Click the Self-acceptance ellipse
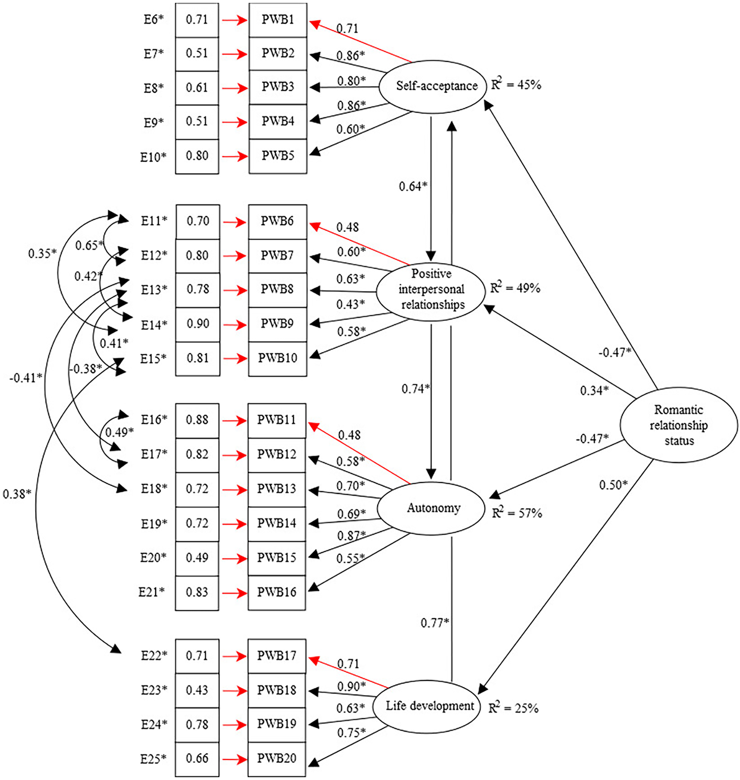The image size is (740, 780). [436, 86]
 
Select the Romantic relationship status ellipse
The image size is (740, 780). [678, 425]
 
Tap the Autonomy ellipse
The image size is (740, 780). [433, 508]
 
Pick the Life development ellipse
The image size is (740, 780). [430, 707]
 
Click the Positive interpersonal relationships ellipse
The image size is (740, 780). [432, 289]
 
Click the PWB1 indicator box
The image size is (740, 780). [278, 20]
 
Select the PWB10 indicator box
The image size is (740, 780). [278, 358]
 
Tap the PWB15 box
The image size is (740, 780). [277, 558]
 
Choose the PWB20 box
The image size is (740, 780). [277, 759]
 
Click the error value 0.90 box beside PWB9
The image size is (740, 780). [198, 324]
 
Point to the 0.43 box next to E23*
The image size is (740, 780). [197, 691]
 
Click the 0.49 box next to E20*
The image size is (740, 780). [197, 558]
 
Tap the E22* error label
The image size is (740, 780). [154, 656]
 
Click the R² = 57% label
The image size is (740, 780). [517, 513]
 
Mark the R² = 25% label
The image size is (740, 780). [513, 708]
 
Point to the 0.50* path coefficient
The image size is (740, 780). [613, 485]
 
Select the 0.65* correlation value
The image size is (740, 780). [89, 246]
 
